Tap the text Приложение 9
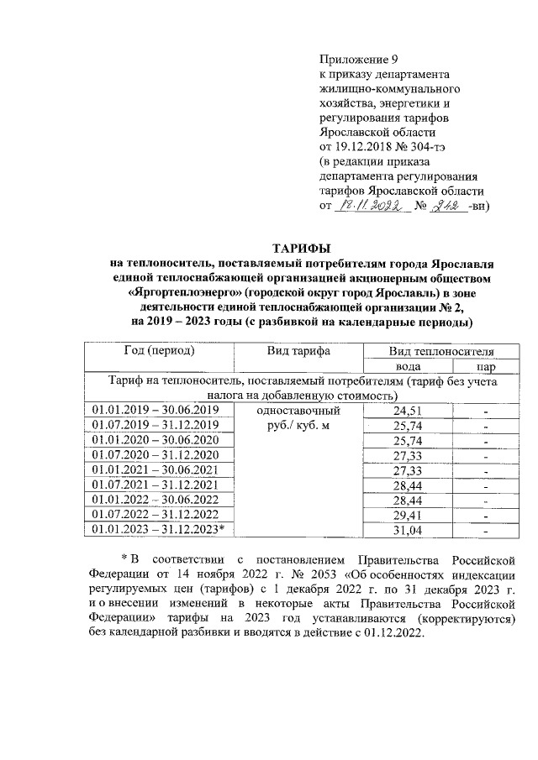click(x=357, y=60)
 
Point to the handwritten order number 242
click(x=448, y=205)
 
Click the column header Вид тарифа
click(x=298, y=350)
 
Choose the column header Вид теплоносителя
click(x=440, y=350)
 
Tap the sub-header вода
click(x=407, y=366)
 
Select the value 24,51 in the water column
click(x=407, y=411)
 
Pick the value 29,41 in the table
click(x=407, y=513)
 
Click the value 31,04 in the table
click(x=407, y=528)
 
